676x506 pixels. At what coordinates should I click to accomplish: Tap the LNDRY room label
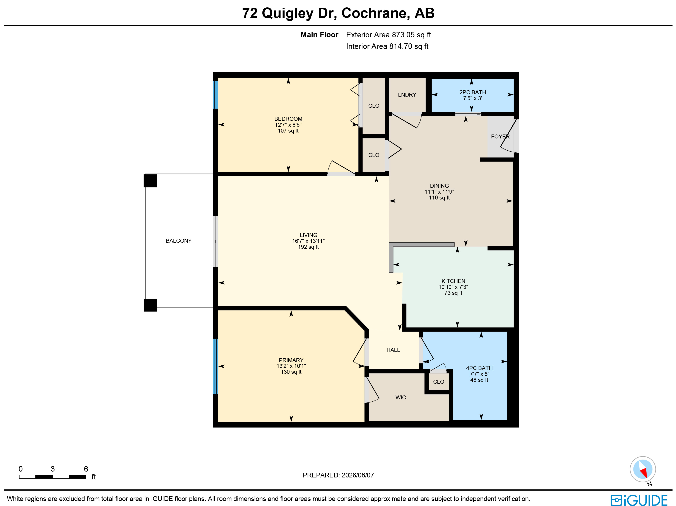coord(407,95)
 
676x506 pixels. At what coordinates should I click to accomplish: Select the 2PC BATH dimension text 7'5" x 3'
coord(472,98)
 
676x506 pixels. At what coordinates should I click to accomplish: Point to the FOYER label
coord(500,136)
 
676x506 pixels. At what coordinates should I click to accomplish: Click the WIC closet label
coord(401,397)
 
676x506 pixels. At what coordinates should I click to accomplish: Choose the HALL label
coord(393,350)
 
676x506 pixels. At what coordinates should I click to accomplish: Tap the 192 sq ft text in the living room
coord(308,247)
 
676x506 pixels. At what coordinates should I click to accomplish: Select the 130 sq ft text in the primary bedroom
coord(291,372)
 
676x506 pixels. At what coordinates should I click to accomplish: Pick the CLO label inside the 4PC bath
coord(438,382)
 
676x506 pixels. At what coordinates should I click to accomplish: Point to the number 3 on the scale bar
coord(53,469)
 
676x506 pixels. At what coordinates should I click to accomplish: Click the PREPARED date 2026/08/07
coord(358,475)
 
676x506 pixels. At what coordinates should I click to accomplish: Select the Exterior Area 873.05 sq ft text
coord(388,35)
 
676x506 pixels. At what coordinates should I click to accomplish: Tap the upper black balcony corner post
coord(150,181)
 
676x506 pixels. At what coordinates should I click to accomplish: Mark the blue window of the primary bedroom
coord(216,366)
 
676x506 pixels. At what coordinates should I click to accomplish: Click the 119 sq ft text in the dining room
coord(439,198)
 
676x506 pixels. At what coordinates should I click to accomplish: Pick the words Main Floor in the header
coord(319,35)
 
